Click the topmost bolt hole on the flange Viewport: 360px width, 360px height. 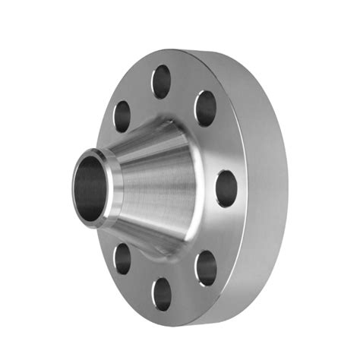tap(161, 81)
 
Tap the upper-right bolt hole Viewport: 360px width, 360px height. tap(205, 109)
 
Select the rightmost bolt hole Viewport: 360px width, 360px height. tap(226, 188)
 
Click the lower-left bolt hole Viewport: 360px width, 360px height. tap(122, 258)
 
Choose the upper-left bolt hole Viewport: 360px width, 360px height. tap(122, 116)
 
